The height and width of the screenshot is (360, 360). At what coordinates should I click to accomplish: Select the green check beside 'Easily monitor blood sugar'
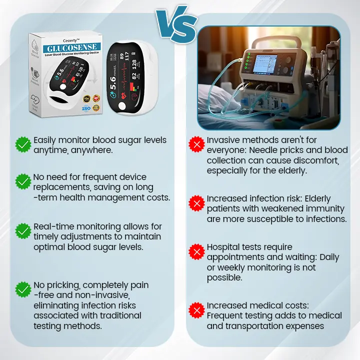(x=23, y=145)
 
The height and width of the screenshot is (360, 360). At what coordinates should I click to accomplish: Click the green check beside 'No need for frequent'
(x=23, y=181)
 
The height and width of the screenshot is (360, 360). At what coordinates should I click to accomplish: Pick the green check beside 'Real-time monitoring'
(x=23, y=231)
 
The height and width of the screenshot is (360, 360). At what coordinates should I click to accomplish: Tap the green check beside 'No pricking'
(x=23, y=289)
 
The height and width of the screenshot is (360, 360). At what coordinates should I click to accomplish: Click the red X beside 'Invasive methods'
(x=196, y=145)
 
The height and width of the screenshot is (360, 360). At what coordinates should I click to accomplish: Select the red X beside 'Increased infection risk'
(x=196, y=203)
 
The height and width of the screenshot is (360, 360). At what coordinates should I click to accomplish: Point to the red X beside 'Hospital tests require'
(x=196, y=251)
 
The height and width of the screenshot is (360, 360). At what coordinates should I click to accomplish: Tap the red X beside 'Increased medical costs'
(x=196, y=310)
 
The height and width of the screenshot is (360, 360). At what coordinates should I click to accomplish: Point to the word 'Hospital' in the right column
(x=224, y=247)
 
